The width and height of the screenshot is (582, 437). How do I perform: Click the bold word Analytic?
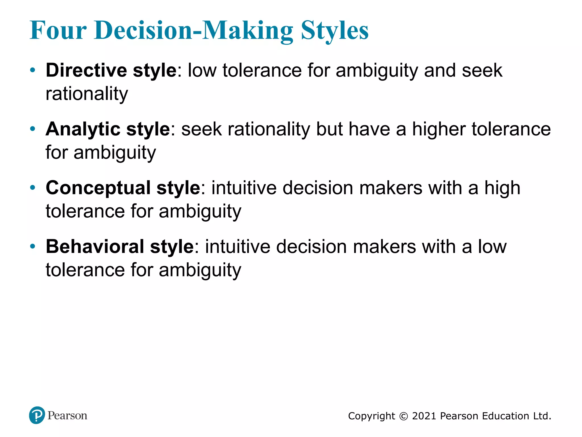(x=83, y=129)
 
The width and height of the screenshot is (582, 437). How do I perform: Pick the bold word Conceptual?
(x=98, y=188)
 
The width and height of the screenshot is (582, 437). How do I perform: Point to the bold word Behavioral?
(x=95, y=247)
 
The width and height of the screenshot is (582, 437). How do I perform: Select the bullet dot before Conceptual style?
(x=33, y=188)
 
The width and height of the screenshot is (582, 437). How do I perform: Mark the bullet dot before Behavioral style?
(x=33, y=246)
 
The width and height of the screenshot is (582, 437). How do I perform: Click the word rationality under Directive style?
(x=87, y=94)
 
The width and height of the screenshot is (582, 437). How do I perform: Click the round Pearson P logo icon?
(x=37, y=415)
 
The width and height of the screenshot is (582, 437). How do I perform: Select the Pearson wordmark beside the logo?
(x=67, y=416)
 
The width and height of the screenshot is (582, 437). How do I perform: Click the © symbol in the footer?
(x=404, y=416)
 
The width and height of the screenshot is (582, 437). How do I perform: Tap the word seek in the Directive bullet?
(x=482, y=70)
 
